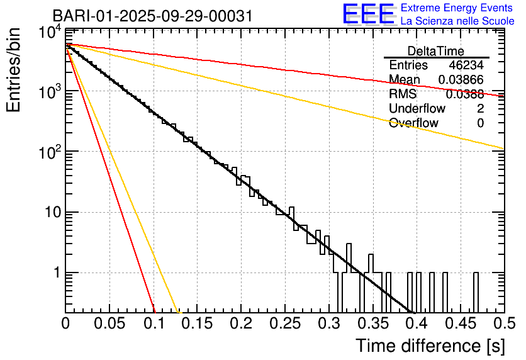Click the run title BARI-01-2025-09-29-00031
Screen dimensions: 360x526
[152, 16]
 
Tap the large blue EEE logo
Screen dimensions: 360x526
[368, 14]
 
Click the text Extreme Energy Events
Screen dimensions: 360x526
[457, 8]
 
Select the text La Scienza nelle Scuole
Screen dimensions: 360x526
[457, 21]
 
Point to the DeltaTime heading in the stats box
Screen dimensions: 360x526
[435, 51]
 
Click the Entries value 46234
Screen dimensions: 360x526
[466, 65]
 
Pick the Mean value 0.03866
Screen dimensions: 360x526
[461, 80]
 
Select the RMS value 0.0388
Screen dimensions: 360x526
[464, 94]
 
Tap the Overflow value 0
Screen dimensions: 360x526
[480, 123]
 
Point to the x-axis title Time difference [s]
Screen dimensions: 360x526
[429, 346]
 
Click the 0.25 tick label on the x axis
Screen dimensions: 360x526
[285, 324]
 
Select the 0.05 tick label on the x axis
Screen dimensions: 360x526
[109, 324]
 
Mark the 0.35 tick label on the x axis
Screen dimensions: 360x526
[372, 324]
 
